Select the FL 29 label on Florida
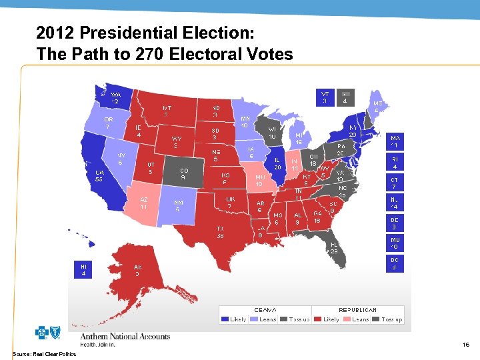[334, 247]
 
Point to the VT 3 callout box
[325, 97]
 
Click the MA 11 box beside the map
[395, 141]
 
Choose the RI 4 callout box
[395, 162]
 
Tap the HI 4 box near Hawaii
[83, 269]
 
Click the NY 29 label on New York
[352, 130]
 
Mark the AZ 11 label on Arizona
[143, 203]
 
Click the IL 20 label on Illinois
[277, 163]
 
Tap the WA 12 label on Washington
[115, 98]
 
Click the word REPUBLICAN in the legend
[358, 310]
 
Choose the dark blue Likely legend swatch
[226, 319]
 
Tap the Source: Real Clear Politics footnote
[44, 353]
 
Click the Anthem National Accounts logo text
[125, 337]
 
